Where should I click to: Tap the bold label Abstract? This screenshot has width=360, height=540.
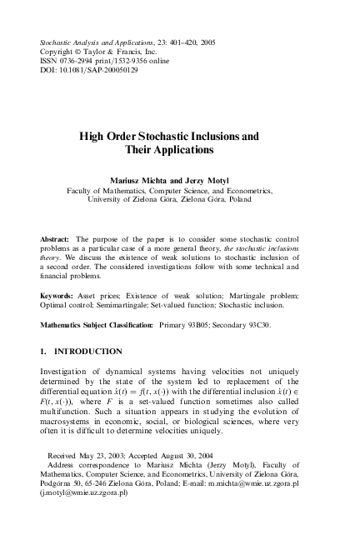(x=55, y=239)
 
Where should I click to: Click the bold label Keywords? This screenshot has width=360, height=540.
(x=57, y=296)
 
